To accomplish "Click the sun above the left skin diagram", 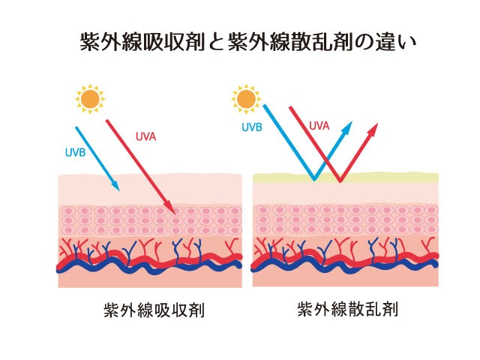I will click(x=91, y=99).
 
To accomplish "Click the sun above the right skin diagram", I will click(x=245, y=99).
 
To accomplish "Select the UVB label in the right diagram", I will click(x=251, y=127).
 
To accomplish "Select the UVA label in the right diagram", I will click(x=319, y=127).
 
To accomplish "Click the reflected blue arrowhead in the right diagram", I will click(x=347, y=128).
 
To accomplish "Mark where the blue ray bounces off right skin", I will click(x=313, y=179).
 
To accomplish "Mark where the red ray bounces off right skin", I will click(x=340, y=180).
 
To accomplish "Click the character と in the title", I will click(x=216, y=42).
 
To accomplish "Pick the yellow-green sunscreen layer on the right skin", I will click(x=397, y=178).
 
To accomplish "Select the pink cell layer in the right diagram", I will click(x=345, y=220).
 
